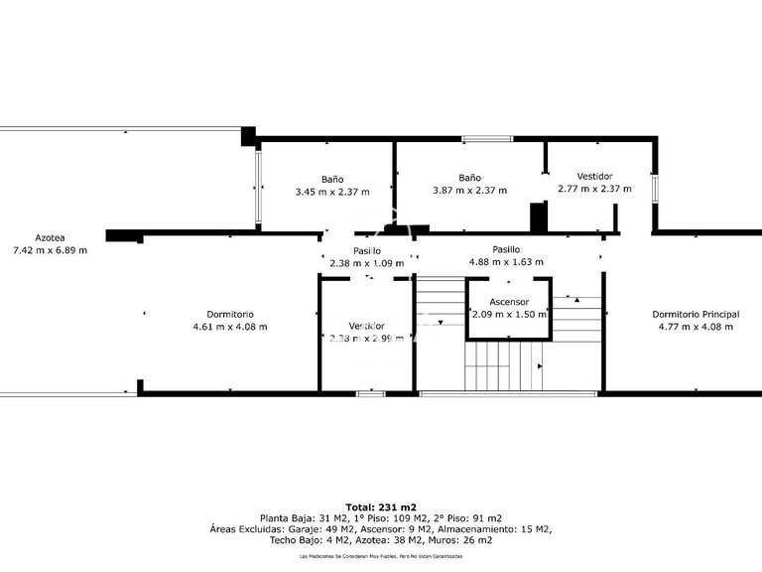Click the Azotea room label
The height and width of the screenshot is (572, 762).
tap(50, 237)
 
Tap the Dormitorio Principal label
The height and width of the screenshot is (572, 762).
tap(696, 314)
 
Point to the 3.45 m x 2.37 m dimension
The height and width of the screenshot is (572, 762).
tap(332, 191)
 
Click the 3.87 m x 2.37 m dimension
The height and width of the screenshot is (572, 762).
tap(470, 191)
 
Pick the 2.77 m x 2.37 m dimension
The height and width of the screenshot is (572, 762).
tap(594, 189)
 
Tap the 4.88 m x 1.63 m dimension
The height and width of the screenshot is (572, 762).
tap(506, 263)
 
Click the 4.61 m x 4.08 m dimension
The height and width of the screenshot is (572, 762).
tap(230, 326)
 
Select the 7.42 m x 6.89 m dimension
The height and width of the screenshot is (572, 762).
tap(50, 250)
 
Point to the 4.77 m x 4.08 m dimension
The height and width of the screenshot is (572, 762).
tap(696, 326)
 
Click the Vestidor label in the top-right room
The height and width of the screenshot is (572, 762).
tap(594, 176)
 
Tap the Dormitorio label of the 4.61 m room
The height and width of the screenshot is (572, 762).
tap(230, 314)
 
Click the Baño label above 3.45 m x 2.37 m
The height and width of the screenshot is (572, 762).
tap(332, 178)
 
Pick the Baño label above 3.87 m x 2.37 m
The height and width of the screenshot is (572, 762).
tap(470, 178)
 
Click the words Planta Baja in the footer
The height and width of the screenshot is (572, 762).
tap(285, 518)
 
